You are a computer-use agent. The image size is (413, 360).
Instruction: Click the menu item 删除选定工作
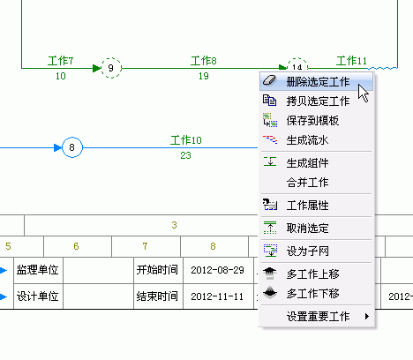click(316, 81)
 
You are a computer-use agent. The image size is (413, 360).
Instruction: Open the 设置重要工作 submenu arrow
click(367, 316)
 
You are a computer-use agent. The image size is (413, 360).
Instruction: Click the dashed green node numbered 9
click(111, 68)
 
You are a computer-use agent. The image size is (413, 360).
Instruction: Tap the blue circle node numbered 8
click(72, 147)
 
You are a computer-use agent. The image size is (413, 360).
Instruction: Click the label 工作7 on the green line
click(61, 61)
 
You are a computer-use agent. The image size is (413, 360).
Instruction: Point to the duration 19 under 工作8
click(204, 76)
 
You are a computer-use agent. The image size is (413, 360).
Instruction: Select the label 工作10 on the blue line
click(186, 140)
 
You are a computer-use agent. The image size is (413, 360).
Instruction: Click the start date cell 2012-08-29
click(218, 270)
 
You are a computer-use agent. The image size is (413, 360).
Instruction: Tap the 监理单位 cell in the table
click(38, 270)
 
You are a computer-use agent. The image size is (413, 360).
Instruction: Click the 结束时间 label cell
click(157, 296)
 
